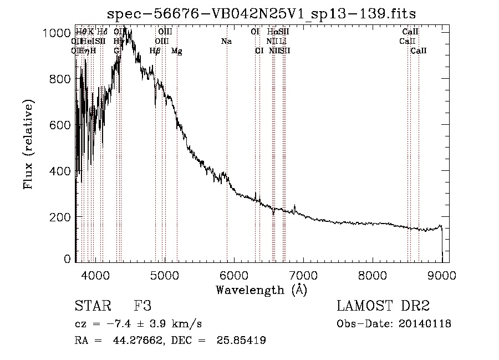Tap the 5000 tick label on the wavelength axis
[x=165, y=274]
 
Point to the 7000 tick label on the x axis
[x=303, y=274]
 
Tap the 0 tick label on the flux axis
[x=67, y=259]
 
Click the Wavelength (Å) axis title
[x=261, y=290]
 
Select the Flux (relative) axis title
[x=28, y=145]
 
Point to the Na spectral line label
[x=226, y=42]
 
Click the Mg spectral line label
[x=177, y=51]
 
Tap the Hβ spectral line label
[x=155, y=51]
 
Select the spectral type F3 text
[x=142, y=306]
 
